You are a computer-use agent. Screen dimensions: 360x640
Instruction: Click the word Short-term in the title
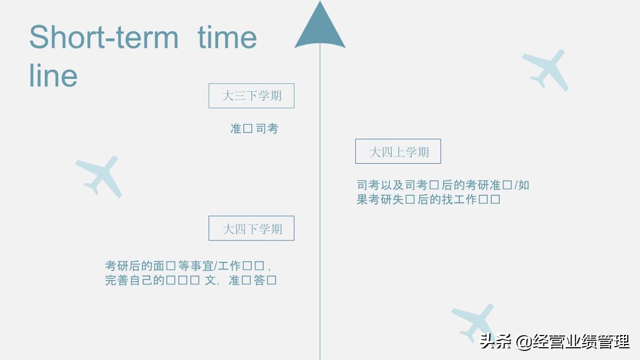click(x=103, y=37)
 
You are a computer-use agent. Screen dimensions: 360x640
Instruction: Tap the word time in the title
click(x=227, y=37)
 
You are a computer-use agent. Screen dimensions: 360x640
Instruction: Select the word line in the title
click(x=53, y=76)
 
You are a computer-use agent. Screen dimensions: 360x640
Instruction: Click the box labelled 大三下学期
click(x=251, y=96)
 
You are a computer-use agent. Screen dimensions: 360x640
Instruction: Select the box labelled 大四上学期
click(x=398, y=151)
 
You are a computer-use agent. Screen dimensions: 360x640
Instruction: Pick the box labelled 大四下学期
click(x=251, y=228)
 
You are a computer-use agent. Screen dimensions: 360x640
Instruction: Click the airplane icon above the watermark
click(x=474, y=321)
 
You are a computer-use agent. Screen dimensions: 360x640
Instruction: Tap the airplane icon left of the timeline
click(x=99, y=175)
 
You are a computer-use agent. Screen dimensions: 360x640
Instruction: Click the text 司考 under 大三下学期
click(x=267, y=129)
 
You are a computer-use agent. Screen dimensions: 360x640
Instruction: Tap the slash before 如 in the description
click(x=515, y=185)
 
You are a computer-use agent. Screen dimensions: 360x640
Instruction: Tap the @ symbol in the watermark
click(x=524, y=341)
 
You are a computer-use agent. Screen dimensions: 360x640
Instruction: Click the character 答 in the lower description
click(x=259, y=280)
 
